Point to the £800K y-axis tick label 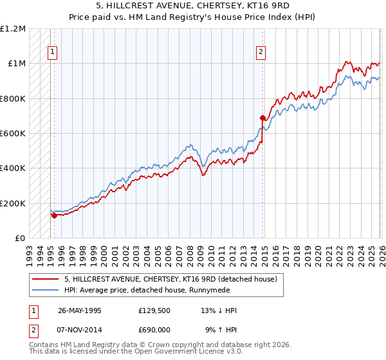[x=13, y=98]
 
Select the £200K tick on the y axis [x=13, y=203]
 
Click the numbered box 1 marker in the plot [x=52, y=53]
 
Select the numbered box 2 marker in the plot [x=261, y=53]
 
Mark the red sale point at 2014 [x=262, y=118]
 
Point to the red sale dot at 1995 [x=55, y=215]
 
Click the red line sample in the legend [x=46, y=279]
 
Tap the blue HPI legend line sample [x=46, y=290]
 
